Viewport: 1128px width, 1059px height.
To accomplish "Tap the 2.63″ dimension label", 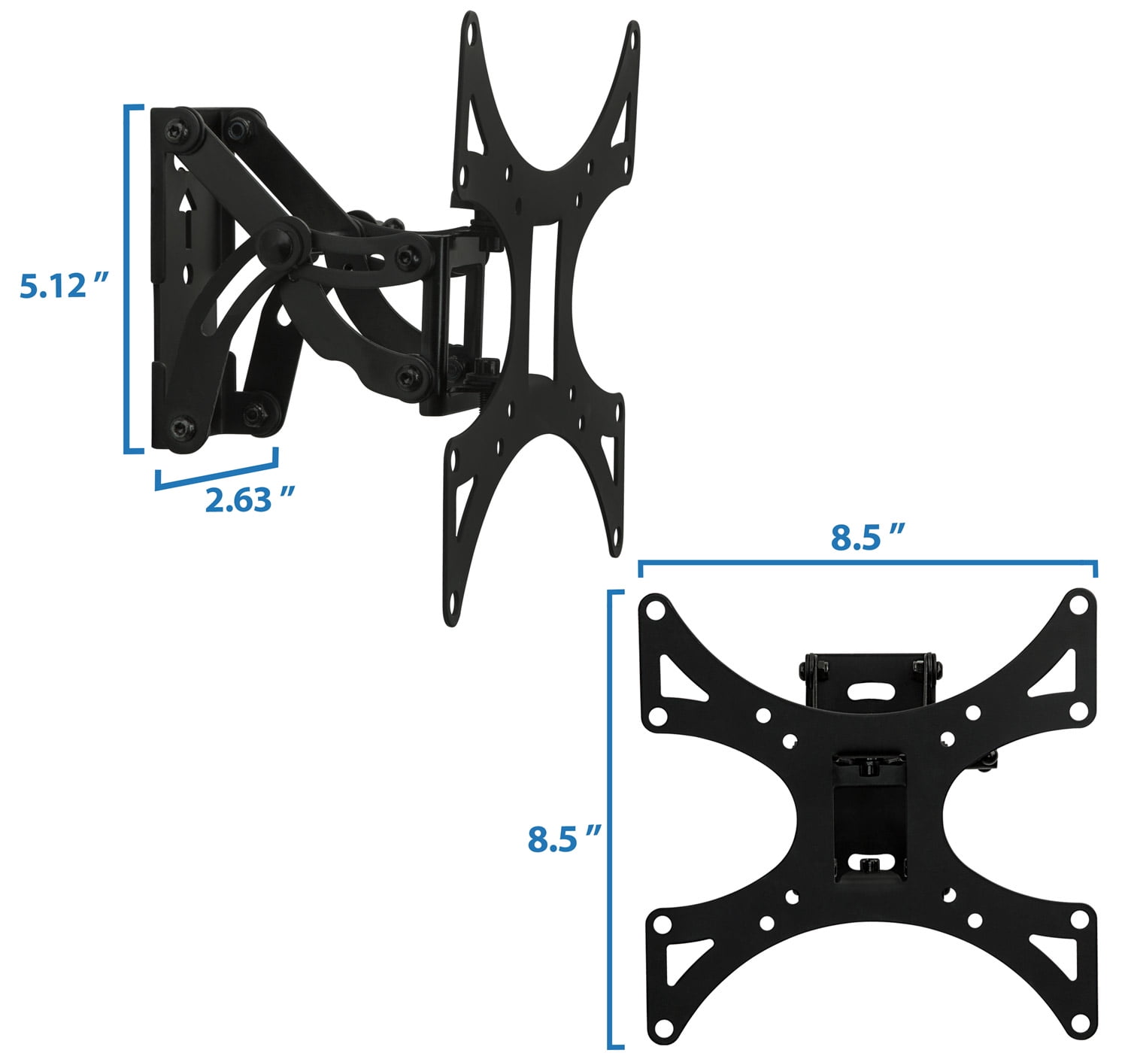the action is [250, 500].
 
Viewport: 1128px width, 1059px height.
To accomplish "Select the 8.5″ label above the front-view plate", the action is [867, 537].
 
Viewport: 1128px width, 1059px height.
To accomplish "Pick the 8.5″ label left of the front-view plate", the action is [564, 839].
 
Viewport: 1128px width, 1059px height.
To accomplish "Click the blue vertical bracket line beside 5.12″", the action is [126, 280].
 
